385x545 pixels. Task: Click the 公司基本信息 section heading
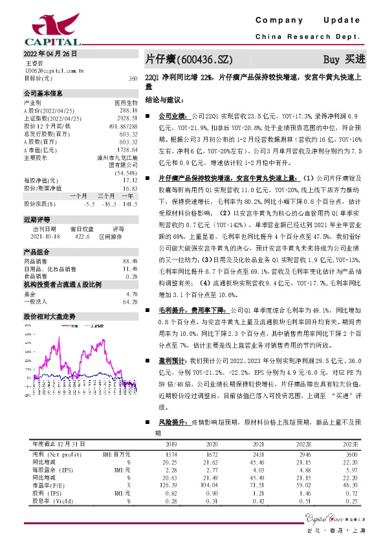click(x=43, y=93)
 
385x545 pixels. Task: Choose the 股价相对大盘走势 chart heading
click(x=50, y=317)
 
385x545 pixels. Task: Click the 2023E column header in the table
click(x=349, y=445)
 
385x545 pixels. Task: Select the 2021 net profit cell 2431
click(x=258, y=456)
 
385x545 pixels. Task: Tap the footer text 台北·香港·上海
click(x=342, y=530)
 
